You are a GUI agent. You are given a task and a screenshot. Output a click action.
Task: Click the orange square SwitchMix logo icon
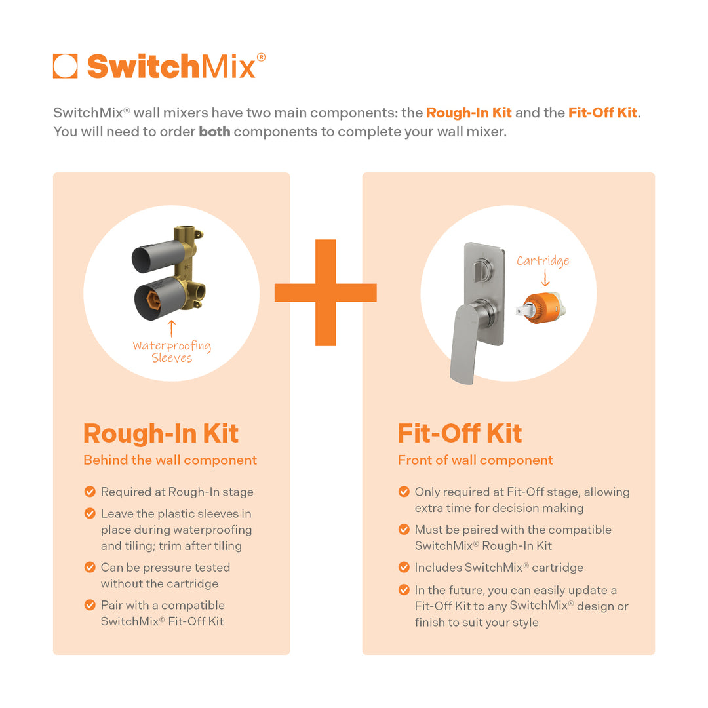pyautogui.click(x=66, y=66)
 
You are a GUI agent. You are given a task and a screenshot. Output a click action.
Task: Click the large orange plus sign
pyautogui.click(x=326, y=292)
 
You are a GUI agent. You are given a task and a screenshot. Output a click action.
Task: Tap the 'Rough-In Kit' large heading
pyautogui.click(x=161, y=433)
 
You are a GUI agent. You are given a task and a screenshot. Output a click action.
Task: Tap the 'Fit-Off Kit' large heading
pyautogui.click(x=460, y=433)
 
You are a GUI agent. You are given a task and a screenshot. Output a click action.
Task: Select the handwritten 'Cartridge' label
pyautogui.click(x=543, y=261)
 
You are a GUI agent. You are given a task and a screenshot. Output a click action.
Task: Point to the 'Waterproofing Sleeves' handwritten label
pyautogui.click(x=172, y=352)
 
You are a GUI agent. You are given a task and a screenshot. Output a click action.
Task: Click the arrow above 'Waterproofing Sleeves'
pyautogui.click(x=172, y=328)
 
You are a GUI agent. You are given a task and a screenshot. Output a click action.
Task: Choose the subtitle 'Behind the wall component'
pyautogui.click(x=170, y=460)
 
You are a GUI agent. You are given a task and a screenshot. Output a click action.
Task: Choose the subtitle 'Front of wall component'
pyautogui.click(x=475, y=460)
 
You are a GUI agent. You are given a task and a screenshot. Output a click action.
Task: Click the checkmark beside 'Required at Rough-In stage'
pyautogui.click(x=90, y=492)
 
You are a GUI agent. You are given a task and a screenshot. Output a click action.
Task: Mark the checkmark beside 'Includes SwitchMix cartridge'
pyautogui.click(x=404, y=568)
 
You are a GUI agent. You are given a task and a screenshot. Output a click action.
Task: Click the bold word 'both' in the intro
pyautogui.click(x=214, y=131)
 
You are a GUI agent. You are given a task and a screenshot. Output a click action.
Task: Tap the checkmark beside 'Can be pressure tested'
pyautogui.click(x=90, y=568)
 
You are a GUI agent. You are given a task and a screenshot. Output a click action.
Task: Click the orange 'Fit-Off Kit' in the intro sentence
pyautogui.click(x=602, y=113)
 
